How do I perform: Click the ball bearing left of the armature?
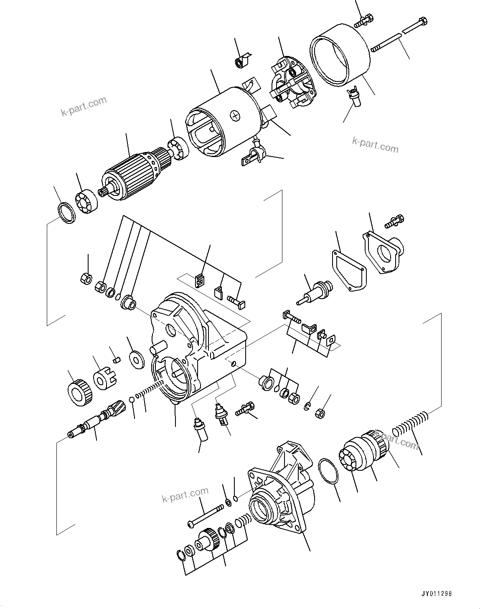(x=87, y=203)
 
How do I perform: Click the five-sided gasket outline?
(x=349, y=270)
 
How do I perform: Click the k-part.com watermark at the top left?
(x=84, y=107)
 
